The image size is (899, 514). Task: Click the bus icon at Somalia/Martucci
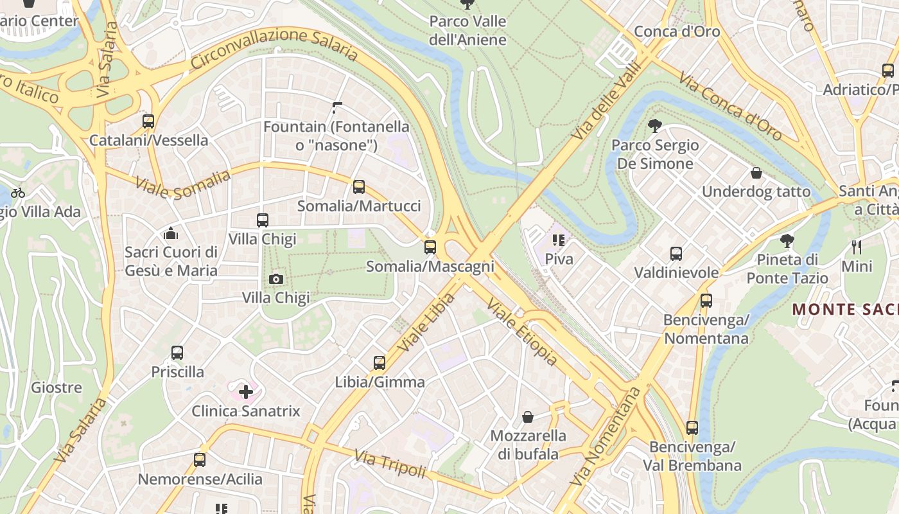(359, 187)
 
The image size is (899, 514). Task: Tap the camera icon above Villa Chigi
(276, 279)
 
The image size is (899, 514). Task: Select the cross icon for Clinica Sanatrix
(246, 391)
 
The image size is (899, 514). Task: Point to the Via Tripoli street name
(390, 464)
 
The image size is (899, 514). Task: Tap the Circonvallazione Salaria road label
(274, 46)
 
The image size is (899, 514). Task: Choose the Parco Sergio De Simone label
(655, 154)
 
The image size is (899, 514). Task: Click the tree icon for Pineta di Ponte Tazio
(787, 242)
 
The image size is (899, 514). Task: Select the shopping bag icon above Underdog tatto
(756, 173)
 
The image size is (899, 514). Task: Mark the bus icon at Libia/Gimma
(380, 363)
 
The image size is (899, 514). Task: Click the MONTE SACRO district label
(845, 309)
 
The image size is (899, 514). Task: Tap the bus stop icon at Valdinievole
(676, 254)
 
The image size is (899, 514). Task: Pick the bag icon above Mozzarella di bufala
(528, 417)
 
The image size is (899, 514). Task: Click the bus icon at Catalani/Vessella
(148, 121)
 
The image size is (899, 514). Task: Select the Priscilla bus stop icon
(177, 353)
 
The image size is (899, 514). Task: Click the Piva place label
(559, 259)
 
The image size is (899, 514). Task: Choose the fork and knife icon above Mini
(857, 247)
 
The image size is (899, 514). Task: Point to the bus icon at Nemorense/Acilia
(200, 460)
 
